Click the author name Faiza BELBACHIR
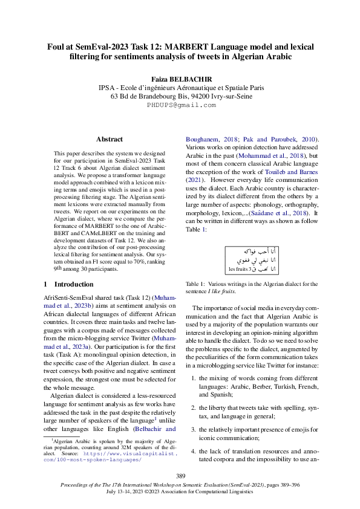coord(180,79)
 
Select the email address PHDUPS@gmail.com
coord(180,105)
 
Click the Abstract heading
coord(110,139)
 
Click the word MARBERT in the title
coord(217,46)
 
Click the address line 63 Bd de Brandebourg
coord(180,96)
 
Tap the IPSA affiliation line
coord(180,88)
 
